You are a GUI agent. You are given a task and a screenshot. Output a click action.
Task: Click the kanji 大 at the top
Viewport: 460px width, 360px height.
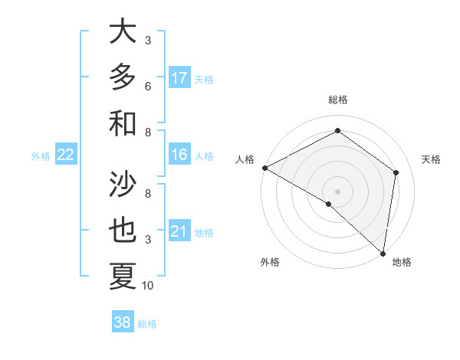[x=123, y=32]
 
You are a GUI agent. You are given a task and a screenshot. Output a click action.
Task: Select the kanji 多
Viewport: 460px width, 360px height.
[x=123, y=77]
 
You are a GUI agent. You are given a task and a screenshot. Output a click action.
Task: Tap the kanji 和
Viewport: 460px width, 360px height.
[x=123, y=123]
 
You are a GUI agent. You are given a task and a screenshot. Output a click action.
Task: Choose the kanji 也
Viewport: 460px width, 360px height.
[x=123, y=231]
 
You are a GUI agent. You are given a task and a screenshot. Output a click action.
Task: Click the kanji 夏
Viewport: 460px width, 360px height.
[x=123, y=276]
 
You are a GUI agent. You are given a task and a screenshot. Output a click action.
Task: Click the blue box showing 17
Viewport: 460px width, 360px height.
[x=179, y=78]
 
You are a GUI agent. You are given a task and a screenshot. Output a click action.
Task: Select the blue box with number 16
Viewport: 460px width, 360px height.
[x=179, y=155]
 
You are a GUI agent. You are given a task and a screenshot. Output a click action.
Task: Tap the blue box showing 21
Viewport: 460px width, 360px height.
[x=179, y=231]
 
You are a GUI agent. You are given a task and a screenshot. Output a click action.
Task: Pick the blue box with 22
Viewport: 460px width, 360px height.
[x=66, y=155]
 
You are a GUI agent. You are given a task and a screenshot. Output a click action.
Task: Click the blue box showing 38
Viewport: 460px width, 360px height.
[x=123, y=322]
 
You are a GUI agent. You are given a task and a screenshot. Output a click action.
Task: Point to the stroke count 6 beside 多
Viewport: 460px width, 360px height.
[x=148, y=86]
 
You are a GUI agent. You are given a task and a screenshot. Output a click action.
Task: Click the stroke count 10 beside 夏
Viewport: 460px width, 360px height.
[x=148, y=286]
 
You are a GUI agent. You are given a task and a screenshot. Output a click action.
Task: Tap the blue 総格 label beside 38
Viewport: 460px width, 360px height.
[x=147, y=324]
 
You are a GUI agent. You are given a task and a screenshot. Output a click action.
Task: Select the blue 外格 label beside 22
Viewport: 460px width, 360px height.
[x=41, y=156]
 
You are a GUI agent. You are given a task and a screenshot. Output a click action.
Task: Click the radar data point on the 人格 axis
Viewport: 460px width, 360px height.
[x=264, y=168]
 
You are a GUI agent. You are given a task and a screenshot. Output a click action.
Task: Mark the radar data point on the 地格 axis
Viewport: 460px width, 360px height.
[x=383, y=253]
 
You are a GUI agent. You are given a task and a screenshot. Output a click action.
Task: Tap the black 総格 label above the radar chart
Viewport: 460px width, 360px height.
[x=337, y=100]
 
